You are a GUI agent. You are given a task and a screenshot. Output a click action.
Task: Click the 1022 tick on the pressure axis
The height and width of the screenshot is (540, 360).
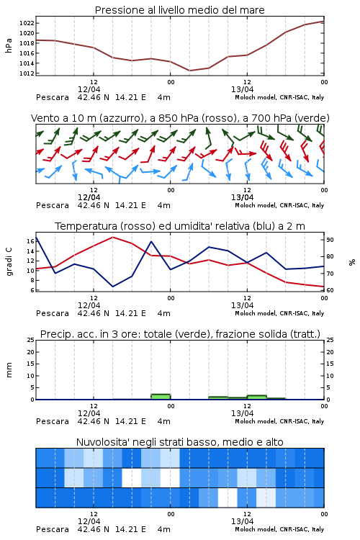click(x=27, y=23)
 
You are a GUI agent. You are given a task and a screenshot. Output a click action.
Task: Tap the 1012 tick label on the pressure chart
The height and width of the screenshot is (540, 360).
click(x=27, y=73)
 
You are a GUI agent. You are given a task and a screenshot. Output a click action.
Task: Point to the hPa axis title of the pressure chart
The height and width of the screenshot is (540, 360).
click(x=9, y=45)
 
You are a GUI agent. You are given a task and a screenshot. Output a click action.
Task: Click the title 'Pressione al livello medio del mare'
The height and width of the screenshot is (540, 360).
click(x=180, y=10)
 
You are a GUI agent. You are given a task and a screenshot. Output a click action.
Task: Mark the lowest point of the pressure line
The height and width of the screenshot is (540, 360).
click(x=189, y=71)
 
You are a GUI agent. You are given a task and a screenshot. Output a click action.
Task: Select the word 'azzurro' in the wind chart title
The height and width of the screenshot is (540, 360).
click(x=120, y=119)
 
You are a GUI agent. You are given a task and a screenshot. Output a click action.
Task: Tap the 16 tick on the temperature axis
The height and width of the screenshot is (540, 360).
click(x=31, y=241)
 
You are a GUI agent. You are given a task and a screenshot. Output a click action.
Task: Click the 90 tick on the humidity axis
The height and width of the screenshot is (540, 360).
click(x=330, y=240)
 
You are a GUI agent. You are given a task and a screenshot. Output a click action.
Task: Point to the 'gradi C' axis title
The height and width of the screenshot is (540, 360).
click(x=9, y=262)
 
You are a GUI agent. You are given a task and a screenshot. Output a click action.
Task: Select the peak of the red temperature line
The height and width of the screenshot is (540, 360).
click(x=112, y=237)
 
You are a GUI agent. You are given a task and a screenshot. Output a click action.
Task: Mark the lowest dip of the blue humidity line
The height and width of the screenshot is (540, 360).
click(x=112, y=287)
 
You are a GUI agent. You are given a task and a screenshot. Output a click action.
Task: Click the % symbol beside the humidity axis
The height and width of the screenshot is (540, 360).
click(x=352, y=262)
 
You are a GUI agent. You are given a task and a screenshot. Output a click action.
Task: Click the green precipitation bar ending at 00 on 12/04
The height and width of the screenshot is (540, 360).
click(x=161, y=397)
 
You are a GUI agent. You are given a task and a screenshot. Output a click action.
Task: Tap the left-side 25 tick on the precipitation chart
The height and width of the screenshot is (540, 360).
click(x=31, y=340)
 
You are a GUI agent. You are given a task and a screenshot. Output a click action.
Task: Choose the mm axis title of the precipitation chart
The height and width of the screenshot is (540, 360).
click(x=9, y=370)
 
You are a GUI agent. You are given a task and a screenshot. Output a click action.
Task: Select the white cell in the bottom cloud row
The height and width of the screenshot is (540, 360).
click(x=228, y=498)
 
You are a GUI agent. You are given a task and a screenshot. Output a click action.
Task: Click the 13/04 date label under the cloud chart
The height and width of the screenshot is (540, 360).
click(x=242, y=521)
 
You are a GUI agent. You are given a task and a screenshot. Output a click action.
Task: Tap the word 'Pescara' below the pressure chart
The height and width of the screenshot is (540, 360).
click(x=53, y=97)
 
